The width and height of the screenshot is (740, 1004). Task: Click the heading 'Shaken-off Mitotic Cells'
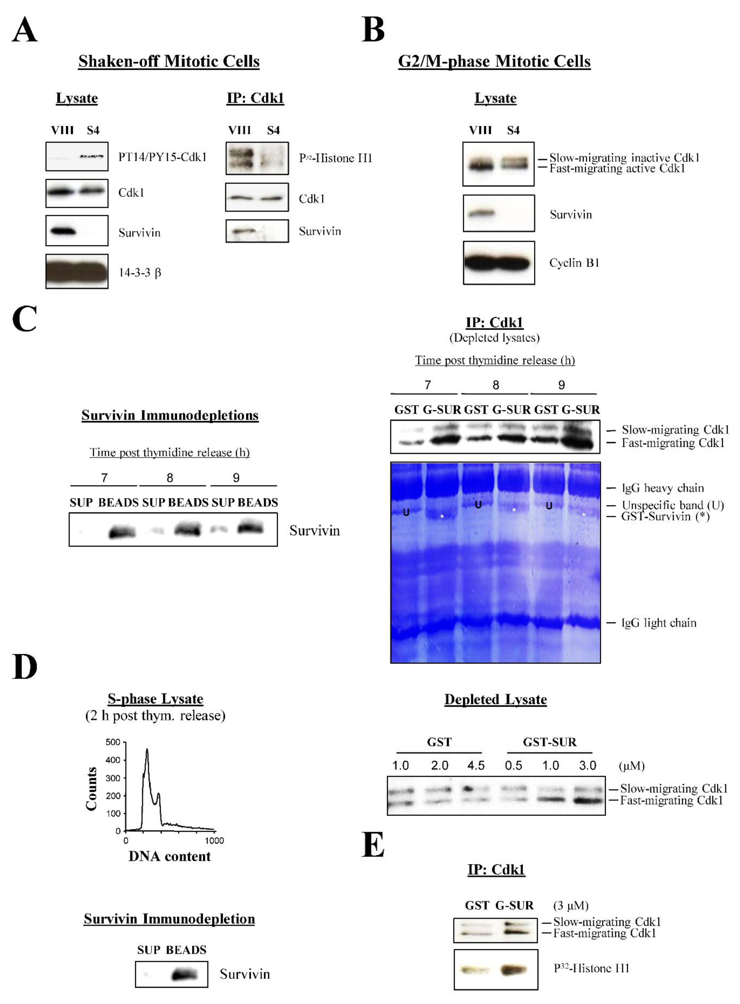tap(169, 61)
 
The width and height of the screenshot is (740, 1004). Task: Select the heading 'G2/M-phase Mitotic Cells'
tap(494, 61)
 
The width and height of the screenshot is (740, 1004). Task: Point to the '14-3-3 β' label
tap(140, 272)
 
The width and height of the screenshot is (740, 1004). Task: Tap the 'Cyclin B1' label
tap(574, 263)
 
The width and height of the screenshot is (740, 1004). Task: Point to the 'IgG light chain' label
tap(659, 623)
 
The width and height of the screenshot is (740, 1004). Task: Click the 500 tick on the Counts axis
tap(113, 742)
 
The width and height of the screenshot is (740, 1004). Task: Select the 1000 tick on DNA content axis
tap(214, 841)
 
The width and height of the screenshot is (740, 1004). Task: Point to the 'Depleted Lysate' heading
tap(495, 699)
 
